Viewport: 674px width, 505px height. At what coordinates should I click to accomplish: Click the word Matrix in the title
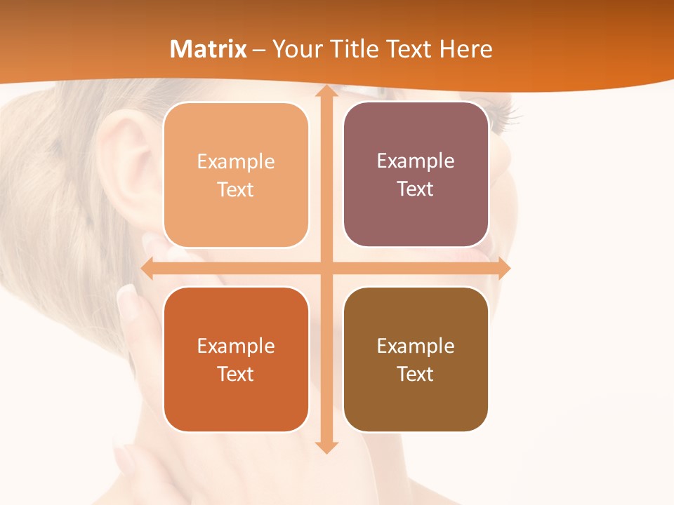209,49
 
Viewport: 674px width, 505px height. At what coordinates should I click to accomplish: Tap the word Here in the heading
466,49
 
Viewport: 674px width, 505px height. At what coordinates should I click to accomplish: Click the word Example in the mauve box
416,161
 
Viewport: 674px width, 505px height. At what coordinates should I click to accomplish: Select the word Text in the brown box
416,374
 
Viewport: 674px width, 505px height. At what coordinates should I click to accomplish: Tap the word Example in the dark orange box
236,346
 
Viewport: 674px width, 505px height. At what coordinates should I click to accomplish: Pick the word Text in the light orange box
236,190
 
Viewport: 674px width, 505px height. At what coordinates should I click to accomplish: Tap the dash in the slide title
259,50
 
